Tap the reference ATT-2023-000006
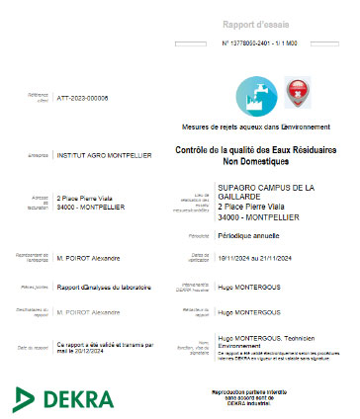tap(83, 99)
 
